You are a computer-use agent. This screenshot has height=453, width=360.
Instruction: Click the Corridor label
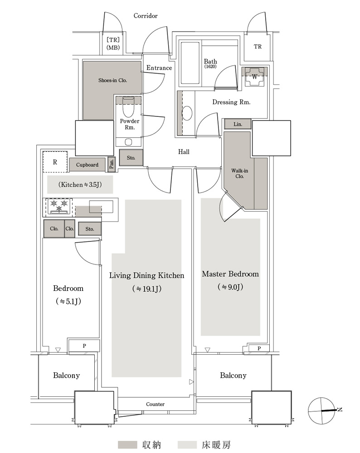pyautogui.click(x=146, y=16)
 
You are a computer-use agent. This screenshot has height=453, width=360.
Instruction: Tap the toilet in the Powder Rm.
pyautogui.click(x=128, y=107)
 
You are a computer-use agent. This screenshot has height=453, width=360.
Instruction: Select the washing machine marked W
pyautogui.click(x=254, y=77)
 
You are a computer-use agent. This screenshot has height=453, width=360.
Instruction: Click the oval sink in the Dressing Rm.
pyautogui.click(x=187, y=113)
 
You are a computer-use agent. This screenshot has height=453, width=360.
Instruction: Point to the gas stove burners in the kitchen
pyautogui.click(x=59, y=206)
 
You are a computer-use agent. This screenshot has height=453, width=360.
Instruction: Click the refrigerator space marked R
pyautogui.click(x=55, y=162)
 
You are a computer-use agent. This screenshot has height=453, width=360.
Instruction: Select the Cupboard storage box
pyautogui.click(x=88, y=165)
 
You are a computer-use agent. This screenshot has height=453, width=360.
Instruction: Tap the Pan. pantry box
pyautogui.click(x=112, y=165)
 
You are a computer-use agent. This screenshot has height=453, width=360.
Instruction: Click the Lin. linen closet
pyautogui.click(x=238, y=124)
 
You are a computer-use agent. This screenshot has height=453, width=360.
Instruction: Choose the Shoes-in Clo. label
pyautogui.click(x=112, y=80)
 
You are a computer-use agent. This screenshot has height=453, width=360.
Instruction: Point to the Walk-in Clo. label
pyautogui.click(x=239, y=173)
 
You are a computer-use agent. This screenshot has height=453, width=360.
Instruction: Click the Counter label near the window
pyautogui.click(x=155, y=404)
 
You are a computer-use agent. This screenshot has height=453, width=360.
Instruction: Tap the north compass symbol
pyautogui.click(x=321, y=410)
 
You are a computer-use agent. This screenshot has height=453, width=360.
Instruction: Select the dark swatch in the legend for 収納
pyautogui.click(x=127, y=445)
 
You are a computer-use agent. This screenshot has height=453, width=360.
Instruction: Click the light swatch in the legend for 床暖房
pyautogui.click(x=188, y=445)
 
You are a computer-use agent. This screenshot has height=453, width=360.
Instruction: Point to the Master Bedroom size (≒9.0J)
pyautogui.click(x=230, y=287)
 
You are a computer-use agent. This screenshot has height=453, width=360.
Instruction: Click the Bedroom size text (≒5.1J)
pyautogui.click(x=68, y=301)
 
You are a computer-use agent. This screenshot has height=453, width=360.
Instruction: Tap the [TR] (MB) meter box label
pyautogui.click(x=113, y=43)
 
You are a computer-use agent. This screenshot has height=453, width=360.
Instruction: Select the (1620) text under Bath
pyautogui.click(x=210, y=67)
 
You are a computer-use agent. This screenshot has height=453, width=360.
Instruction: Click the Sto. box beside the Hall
pyautogui.click(x=131, y=158)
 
